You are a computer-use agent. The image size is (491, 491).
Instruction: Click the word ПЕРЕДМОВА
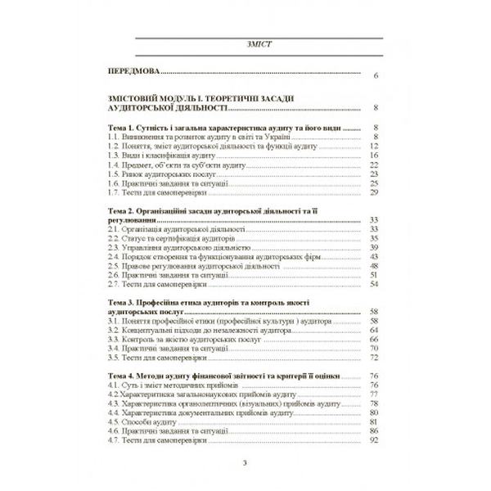tap(134, 73)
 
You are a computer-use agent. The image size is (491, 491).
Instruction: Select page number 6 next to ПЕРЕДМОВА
tap(373, 75)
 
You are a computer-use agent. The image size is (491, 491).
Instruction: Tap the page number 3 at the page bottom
tap(245, 466)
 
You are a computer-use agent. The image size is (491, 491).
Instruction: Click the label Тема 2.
tap(126, 211)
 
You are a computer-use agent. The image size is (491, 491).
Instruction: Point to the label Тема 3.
tap(126, 303)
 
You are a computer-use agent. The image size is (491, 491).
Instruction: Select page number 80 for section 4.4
tap(372, 412)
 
